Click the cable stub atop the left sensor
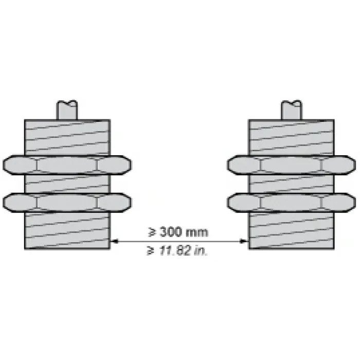[67, 110]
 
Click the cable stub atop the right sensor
[292, 110]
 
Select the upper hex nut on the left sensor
[67, 165]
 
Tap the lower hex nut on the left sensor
[67, 203]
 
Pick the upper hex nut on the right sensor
[292, 165]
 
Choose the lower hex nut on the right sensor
[292, 203]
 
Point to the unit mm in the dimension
[196, 233]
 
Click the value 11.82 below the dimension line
[175, 250]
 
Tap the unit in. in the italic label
[201, 251]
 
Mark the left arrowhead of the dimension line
[114, 241]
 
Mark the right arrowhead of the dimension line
[244, 241]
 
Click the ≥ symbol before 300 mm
[152, 232]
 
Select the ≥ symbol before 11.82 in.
[151, 250]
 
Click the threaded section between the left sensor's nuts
[67, 184]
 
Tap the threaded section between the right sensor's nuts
[292, 184]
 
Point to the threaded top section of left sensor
[67, 138]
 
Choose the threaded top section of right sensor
[292, 138]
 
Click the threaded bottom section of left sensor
[67, 231]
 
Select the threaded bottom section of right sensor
[292, 231]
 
